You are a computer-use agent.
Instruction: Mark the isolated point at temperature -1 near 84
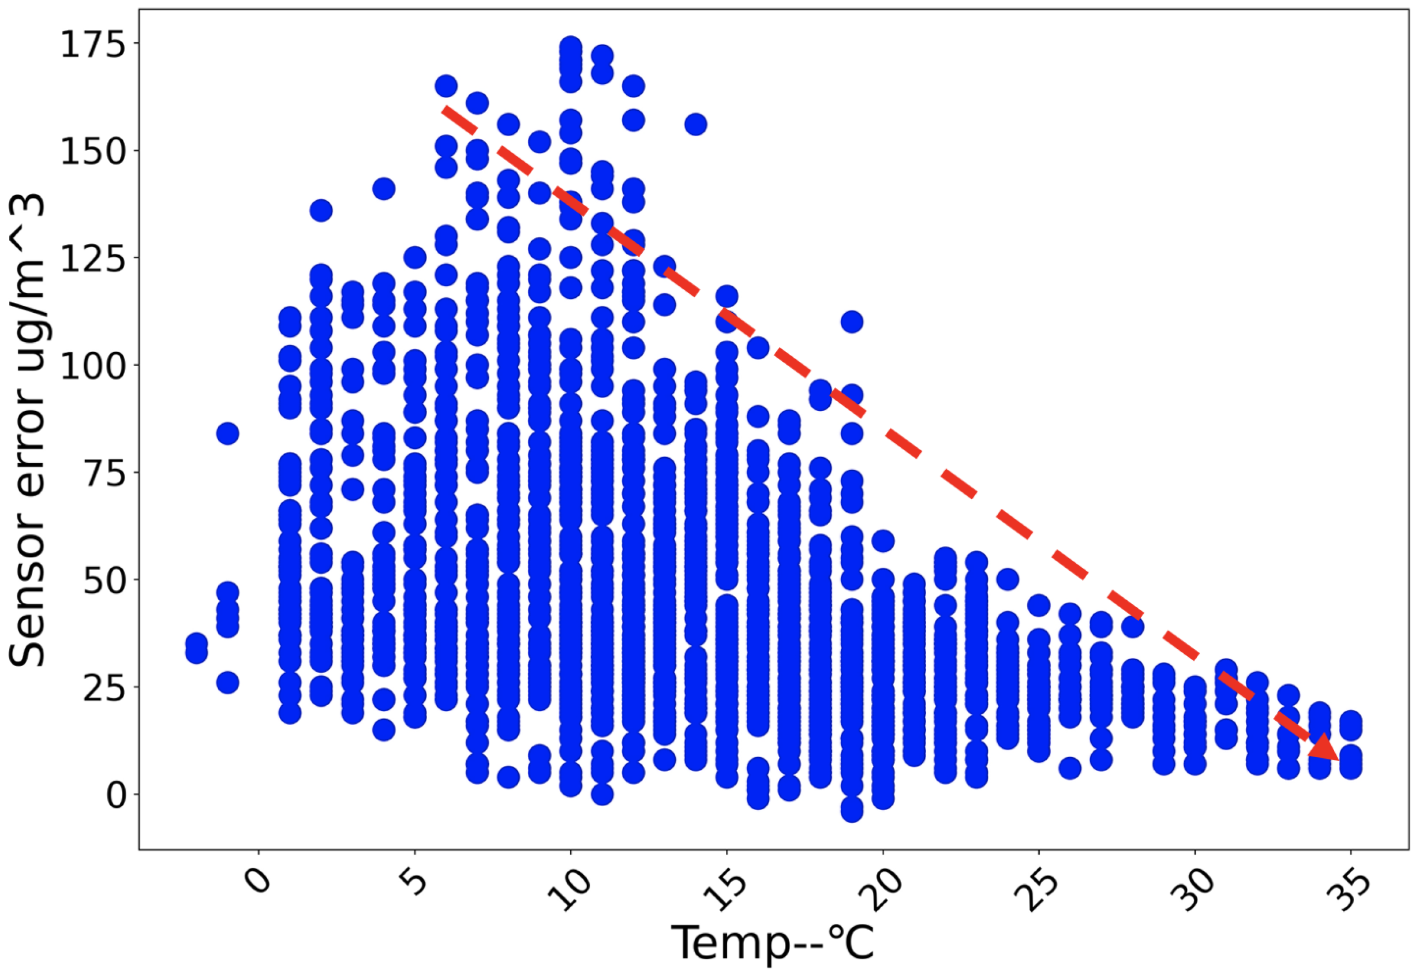pyautogui.click(x=228, y=433)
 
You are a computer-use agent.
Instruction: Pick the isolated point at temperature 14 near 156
pyautogui.click(x=695, y=125)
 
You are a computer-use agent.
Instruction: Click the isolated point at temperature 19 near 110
pyautogui.click(x=852, y=321)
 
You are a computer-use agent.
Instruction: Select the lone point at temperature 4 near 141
pyautogui.click(x=384, y=189)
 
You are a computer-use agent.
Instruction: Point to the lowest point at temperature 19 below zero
pyautogui.click(x=852, y=809)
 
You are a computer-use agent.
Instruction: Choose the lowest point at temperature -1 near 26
pyautogui.click(x=228, y=683)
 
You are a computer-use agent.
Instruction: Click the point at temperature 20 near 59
pyautogui.click(x=883, y=541)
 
